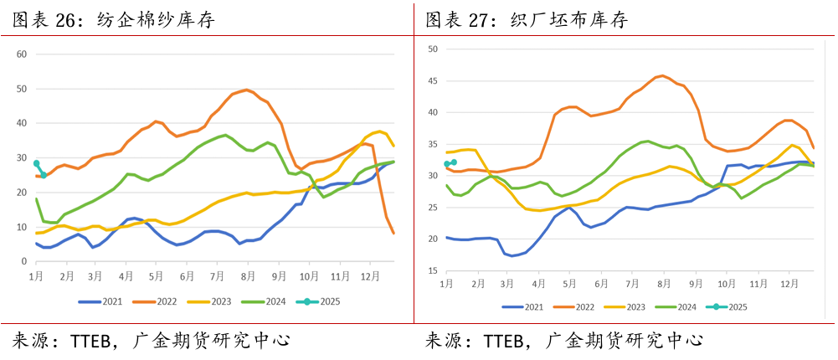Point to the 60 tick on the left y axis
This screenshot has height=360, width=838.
click(23, 54)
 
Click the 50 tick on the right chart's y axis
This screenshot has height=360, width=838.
click(434, 49)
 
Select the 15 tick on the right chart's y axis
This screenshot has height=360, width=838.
click(434, 270)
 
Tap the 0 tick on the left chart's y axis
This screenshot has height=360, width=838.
click(25, 261)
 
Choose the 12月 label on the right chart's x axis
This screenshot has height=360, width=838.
click(789, 285)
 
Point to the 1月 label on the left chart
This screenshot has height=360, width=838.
click(37, 275)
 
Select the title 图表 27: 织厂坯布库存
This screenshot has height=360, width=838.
click(527, 19)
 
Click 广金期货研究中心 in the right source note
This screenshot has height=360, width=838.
click(624, 341)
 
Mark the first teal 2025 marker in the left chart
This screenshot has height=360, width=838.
click(37, 163)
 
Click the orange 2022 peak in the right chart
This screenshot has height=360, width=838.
click(661, 75)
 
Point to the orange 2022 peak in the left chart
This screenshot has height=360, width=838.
click(245, 89)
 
